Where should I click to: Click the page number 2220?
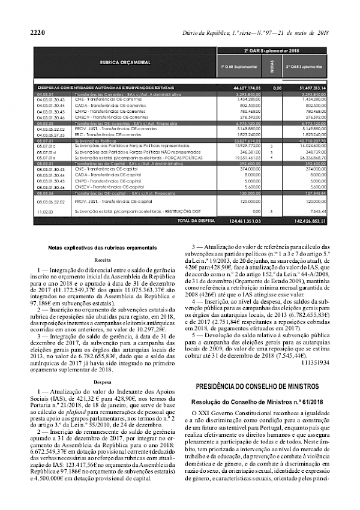(x=37, y=32)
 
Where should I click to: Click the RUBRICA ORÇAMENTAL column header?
(x=125, y=62)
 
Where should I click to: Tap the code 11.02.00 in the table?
(x=45, y=212)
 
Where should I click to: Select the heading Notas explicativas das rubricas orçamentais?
(x=98, y=247)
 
